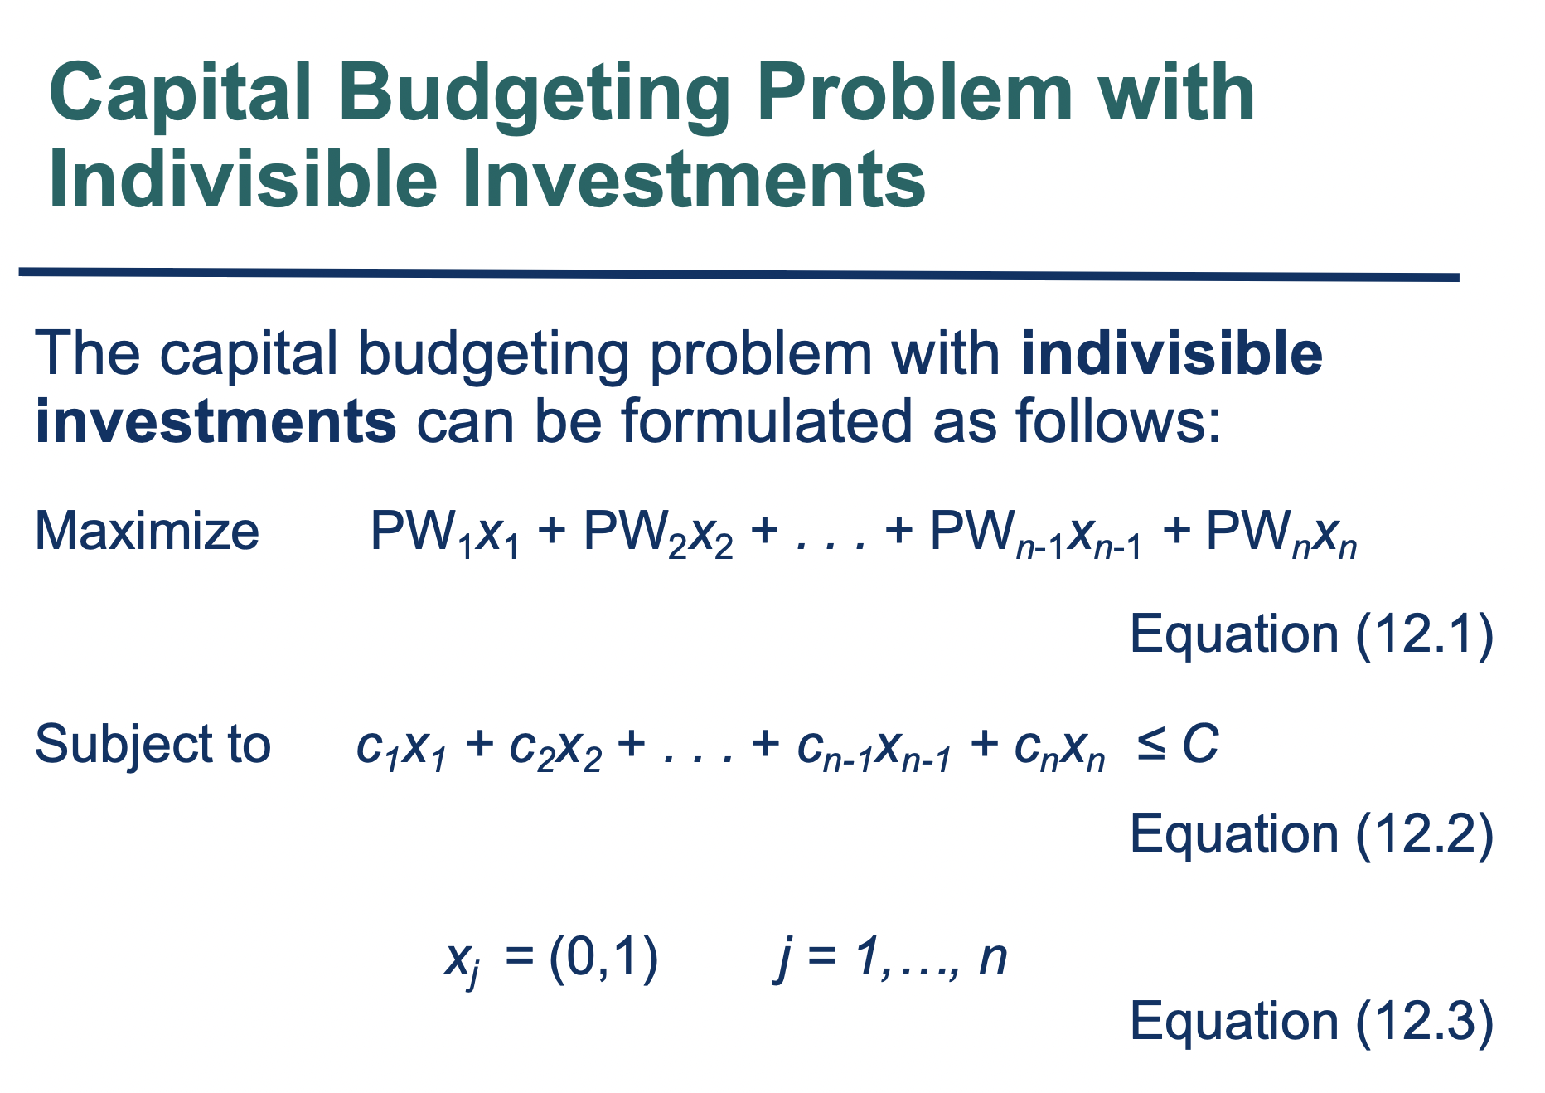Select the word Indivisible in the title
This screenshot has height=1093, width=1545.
tap(243, 180)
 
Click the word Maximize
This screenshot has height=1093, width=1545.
tap(147, 531)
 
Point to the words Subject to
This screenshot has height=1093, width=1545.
tap(153, 744)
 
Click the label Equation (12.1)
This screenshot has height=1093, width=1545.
tap(1312, 634)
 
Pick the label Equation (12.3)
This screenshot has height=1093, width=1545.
tap(1312, 1021)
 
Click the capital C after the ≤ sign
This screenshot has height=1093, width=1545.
tap(1199, 743)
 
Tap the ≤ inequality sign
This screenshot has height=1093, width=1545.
tap(1151, 743)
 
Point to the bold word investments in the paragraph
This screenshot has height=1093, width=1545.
tap(216, 421)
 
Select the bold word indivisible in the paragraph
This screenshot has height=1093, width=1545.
tap(1172, 353)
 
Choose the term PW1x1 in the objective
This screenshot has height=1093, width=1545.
tap(445, 533)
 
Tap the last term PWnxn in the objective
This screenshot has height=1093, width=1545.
tap(1281, 533)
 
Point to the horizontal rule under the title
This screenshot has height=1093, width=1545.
tap(739, 274)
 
